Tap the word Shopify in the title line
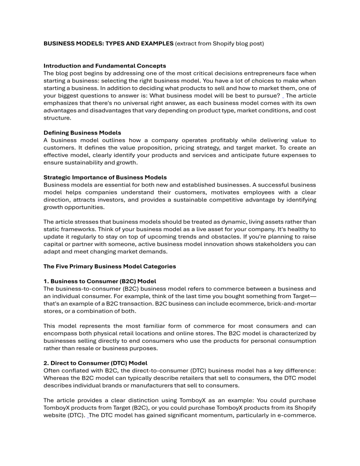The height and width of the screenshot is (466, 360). click(x=223, y=43)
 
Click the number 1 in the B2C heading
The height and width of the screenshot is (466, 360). click(x=45, y=281)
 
